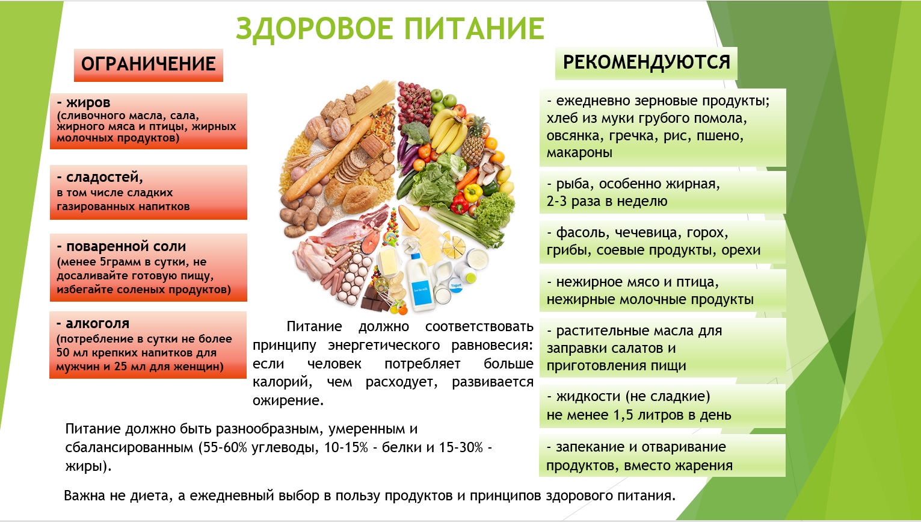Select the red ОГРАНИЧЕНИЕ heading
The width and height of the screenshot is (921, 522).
[149, 64]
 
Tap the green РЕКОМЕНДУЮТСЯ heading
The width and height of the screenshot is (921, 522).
[646, 63]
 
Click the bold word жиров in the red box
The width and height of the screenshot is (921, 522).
[88, 102]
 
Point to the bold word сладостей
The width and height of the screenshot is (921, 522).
[105, 177]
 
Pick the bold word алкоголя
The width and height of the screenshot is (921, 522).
[97, 323]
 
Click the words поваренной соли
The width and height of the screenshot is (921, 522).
[126, 246]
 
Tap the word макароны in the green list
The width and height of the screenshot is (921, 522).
[579, 152]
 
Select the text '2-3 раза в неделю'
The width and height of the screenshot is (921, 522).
[607, 201]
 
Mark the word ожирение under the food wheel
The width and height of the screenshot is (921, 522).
[288, 400]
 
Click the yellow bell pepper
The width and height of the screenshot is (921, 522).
[472, 192]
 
